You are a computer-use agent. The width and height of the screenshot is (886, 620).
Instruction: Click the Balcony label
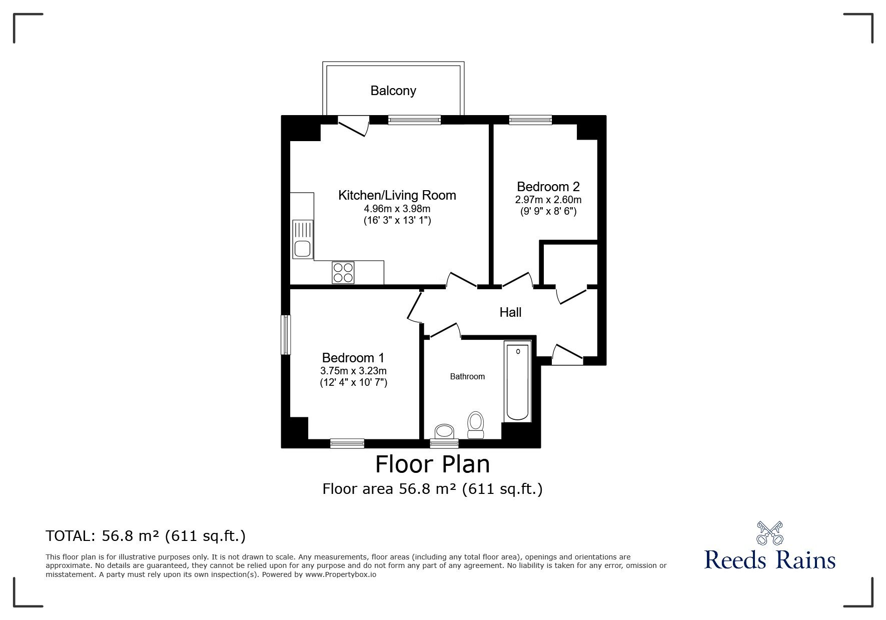point(393,91)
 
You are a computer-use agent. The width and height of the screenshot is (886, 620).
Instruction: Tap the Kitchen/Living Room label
point(397,195)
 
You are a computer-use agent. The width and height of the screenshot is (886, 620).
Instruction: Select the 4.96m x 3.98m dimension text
point(397,209)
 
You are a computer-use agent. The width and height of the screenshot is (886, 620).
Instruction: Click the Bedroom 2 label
point(548,187)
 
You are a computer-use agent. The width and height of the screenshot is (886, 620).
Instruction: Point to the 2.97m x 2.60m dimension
point(548,200)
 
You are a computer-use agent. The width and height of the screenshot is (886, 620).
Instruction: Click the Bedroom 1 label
point(353,358)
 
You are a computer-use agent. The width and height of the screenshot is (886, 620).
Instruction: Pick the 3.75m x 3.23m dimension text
point(353,371)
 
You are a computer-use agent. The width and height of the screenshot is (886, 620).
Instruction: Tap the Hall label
point(510,312)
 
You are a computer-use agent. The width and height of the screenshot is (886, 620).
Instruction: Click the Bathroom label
point(467,376)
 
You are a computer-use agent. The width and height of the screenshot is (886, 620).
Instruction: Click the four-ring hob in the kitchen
point(343,273)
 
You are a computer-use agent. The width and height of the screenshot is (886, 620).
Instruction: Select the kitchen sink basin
point(302,249)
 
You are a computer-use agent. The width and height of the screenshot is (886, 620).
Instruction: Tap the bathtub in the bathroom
point(517,382)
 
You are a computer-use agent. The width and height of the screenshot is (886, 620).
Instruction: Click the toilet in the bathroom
point(475,425)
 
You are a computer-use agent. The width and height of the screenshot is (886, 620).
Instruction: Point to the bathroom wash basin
point(444,431)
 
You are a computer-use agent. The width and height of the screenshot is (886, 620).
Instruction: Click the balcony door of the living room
point(354,126)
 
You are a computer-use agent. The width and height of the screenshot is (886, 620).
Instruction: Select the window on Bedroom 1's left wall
point(286,335)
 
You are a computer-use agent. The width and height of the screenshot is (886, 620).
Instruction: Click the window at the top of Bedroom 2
point(530,120)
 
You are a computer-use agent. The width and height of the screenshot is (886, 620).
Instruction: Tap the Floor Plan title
point(432,464)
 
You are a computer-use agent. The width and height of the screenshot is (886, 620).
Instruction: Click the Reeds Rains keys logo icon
point(769,533)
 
